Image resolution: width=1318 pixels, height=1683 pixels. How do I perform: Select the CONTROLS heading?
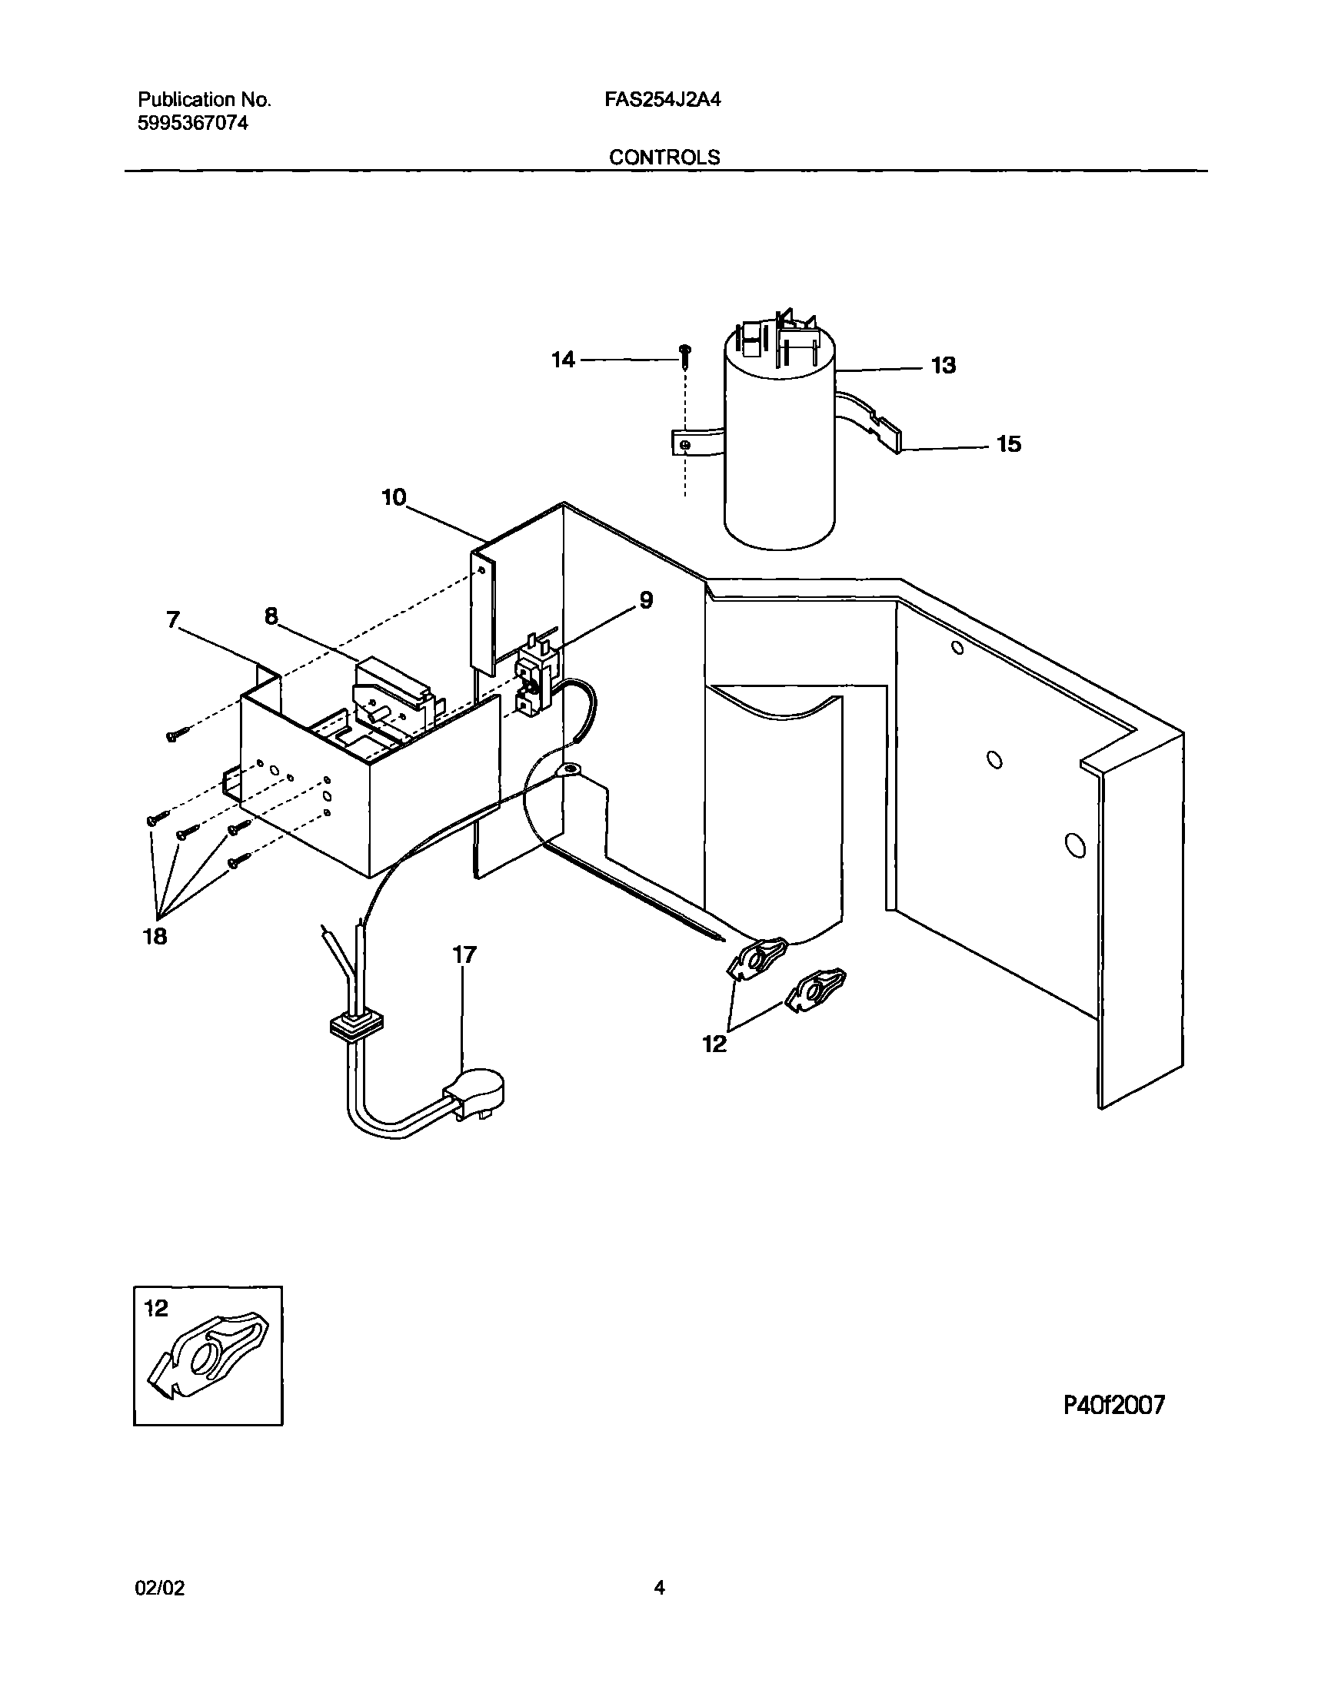pos(664,158)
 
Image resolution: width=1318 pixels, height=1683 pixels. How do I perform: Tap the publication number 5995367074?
pos(193,123)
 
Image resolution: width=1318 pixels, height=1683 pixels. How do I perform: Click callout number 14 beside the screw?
pos(563,360)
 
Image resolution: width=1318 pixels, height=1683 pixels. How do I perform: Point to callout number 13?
pos(943,366)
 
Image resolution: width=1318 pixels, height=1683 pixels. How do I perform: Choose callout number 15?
pos(1009,444)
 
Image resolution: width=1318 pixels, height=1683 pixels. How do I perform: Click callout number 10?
pos(394,497)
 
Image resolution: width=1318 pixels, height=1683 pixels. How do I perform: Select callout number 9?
pos(646,599)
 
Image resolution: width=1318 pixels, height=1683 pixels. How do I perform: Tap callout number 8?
pos(271,616)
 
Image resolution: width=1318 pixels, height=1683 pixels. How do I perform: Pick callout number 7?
pos(173,619)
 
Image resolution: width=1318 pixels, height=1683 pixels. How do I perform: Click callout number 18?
pos(155,936)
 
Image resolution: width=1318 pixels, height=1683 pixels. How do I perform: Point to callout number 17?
pos(464,955)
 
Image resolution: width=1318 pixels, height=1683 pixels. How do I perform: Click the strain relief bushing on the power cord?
pos(356,1026)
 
